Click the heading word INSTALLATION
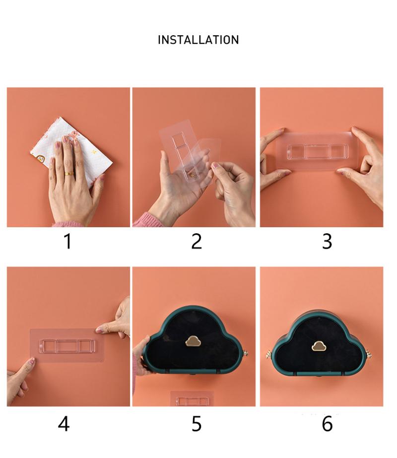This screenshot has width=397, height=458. pyautogui.click(x=198, y=40)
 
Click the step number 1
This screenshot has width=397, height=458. pyautogui.click(x=68, y=242)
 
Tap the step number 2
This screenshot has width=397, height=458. pyautogui.click(x=197, y=242)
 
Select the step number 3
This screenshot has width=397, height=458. pyautogui.click(x=327, y=242)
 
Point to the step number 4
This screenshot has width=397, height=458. pyautogui.click(x=64, y=424)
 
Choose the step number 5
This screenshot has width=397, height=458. pyautogui.click(x=197, y=424)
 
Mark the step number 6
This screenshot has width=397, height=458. pyautogui.click(x=327, y=424)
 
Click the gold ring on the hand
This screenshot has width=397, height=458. pyautogui.click(x=69, y=174)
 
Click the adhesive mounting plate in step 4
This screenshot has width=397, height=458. pyautogui.click(x=66, y=345)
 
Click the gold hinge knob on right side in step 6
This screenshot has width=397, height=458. pyautogui.click(x=371, y=354)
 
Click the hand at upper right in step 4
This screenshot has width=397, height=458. pyautogui.click(x=117, y=318)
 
